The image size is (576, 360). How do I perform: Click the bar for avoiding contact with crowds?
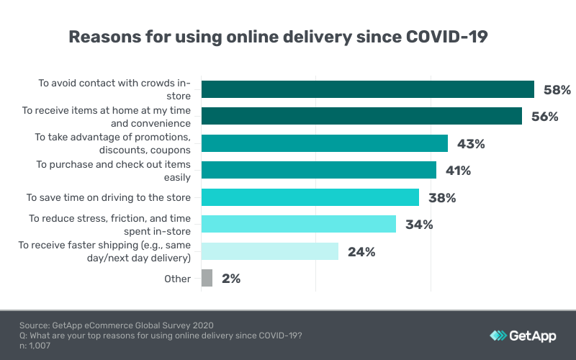coord(367,89)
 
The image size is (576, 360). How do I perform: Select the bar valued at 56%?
coord(361,116)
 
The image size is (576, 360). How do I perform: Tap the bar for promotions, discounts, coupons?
coord(324,143)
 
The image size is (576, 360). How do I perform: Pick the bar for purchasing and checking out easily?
coord(318,170)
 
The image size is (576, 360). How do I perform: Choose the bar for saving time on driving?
coord(310,197)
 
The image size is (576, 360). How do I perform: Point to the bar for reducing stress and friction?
coord(298,224)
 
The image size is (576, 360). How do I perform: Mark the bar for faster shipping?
coord(269,251)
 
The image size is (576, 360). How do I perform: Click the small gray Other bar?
coord(207,278)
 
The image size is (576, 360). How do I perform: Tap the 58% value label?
coord(557,90)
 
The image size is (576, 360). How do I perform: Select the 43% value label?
coord(471,144)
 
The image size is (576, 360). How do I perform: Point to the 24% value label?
coord(361,252)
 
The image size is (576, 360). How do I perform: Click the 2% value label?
coord(230,279)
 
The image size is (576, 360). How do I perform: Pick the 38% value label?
coord(442,198)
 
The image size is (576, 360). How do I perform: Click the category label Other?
coord(177,279)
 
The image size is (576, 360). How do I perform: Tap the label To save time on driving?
coord(109,197)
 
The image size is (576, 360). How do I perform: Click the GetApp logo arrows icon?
coord(498,336)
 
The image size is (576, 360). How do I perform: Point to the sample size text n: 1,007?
coord(36,346)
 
